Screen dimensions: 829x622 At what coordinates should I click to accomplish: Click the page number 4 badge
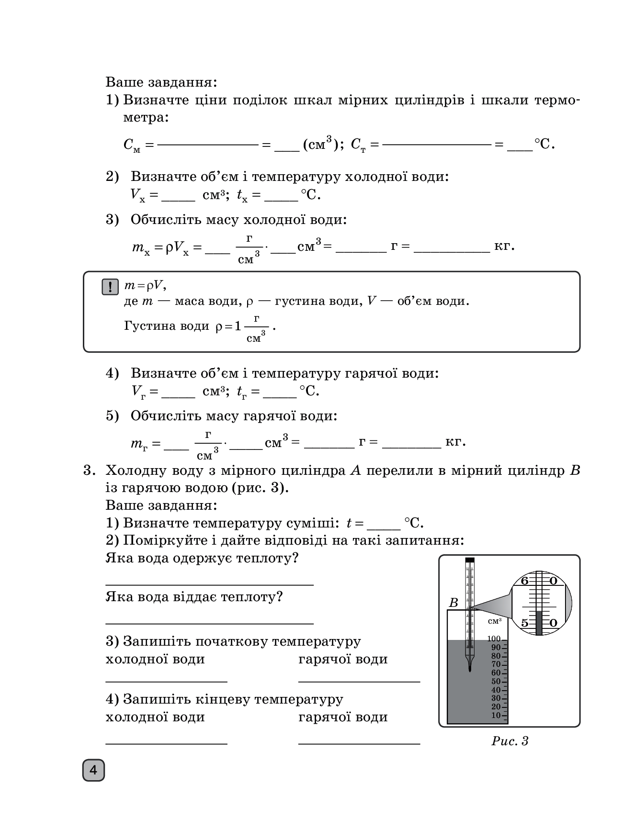(x=93, y=770)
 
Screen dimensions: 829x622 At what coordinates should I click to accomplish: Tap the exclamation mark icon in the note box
(x=110, y=287)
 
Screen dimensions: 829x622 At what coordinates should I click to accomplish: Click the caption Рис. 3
(x=509, y=741)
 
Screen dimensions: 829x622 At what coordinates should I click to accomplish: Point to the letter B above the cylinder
(x=453, y=603)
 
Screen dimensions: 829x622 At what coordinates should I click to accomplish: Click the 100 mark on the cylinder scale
(x=494, y=639)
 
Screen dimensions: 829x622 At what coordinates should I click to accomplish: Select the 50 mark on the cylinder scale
(x=496, y=681)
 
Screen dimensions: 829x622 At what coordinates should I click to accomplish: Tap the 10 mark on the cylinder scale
(x=496, y=715)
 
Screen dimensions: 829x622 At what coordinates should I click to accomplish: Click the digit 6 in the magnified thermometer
(x=524, y=581)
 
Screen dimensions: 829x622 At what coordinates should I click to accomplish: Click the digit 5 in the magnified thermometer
(x=524, y=623)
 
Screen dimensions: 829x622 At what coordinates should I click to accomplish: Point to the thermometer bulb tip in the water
(x=470, y=669)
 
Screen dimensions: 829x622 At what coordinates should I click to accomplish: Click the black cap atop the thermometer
(x=470, y=560)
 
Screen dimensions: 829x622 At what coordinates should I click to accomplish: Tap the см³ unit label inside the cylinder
(x=495, y=621)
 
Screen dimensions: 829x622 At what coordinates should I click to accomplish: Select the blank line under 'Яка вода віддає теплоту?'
(x=209, y=623)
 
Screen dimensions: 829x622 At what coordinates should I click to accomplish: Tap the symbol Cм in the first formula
(x=132, y=145)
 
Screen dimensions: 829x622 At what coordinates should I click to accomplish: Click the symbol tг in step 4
(x=242, y=392)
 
